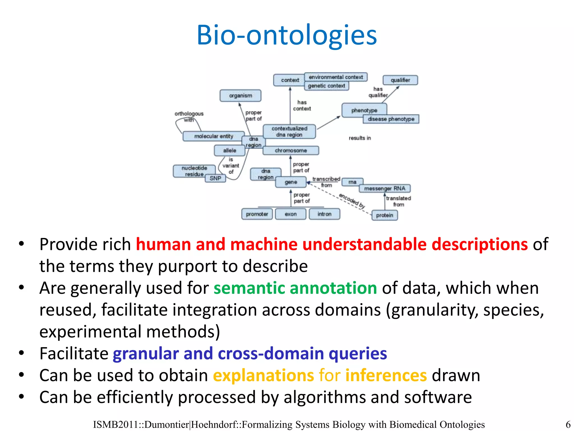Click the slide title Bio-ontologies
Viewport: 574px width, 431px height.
(x=287, y=35)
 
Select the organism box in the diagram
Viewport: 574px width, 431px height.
(x=240, y=96)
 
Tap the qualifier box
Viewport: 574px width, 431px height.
(x=400, y=80)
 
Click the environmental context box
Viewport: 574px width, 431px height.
(x=336, y=77)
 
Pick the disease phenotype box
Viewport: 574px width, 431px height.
(x=391, y=119)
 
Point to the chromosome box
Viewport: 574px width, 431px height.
(x=291, y=150)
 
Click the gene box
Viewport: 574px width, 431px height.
(x=291, y=182)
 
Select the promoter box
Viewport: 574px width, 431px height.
(x=257, y=214)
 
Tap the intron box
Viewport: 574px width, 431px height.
(x=324, y=214)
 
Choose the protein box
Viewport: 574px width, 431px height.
(x=385, y=215)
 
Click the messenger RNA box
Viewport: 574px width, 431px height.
(x=385, y=189)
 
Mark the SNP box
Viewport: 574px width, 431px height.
(x=215, y=178)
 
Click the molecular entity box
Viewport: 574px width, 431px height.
(x=214, y=136)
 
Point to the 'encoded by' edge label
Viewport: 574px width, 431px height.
(x=352, y=201)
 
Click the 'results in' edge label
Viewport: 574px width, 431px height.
(x=360, y=138)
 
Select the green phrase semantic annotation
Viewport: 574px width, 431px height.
(x=295, y=288)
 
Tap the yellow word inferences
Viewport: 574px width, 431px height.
(x=386, y=375)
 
